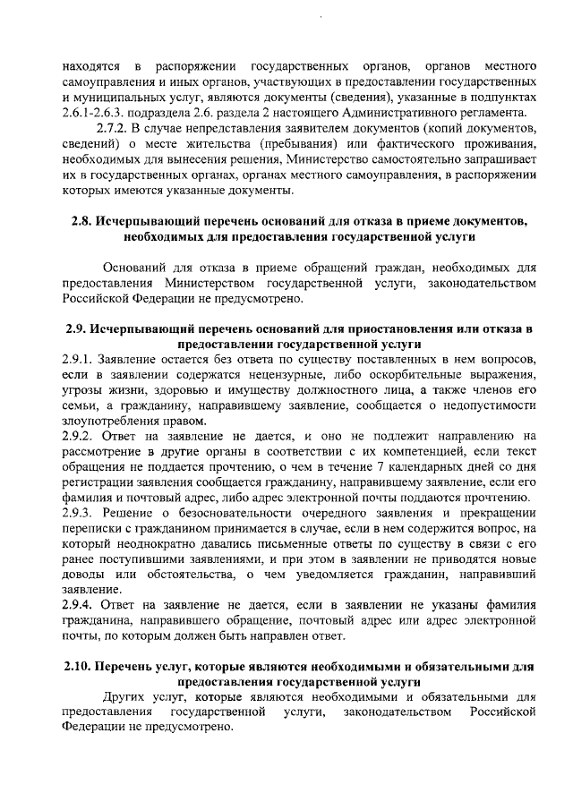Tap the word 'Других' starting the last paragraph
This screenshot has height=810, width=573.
click(122, 696)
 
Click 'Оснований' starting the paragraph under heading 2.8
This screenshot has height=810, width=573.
click(133, 268)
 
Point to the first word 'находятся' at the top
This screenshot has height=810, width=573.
click(90, 66)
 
